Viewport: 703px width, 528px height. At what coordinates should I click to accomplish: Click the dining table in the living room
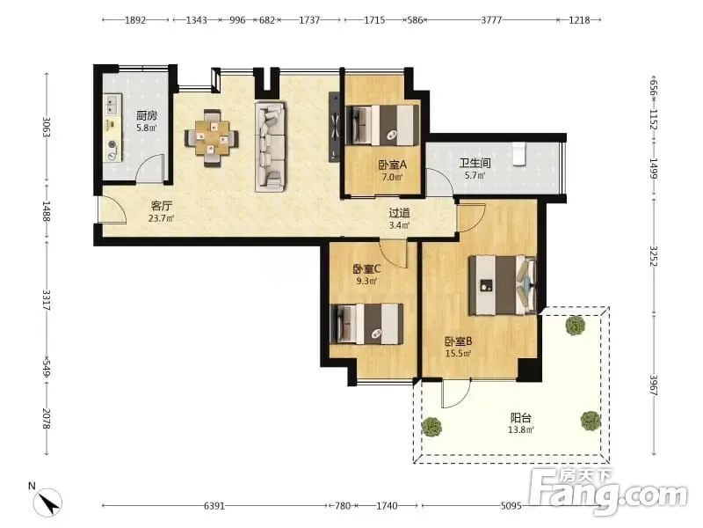click(212, 138)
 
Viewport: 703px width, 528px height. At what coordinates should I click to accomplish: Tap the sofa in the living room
click(271, 147)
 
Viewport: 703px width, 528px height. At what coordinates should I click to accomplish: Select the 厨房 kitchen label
click(147, 115)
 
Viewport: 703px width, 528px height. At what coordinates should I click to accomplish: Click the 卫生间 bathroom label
click(475, 163)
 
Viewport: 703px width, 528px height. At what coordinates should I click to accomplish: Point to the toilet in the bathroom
click(519, 155)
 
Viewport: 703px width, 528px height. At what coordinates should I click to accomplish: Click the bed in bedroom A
click(382, 125)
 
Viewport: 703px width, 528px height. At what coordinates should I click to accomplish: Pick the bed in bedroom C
click(366, 324)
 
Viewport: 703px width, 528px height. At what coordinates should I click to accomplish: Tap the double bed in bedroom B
click(503, 285)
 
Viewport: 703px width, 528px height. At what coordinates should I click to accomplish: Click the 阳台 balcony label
click(521, 418)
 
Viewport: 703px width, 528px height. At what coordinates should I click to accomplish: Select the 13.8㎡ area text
click(521, 430)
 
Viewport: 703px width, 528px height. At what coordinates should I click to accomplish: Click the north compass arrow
click(47, 502)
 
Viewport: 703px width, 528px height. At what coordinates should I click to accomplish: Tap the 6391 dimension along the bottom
click(214, 506)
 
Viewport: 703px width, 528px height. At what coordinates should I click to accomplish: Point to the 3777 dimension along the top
click(491, 19)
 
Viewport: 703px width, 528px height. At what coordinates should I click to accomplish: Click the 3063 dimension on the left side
click(47, 127)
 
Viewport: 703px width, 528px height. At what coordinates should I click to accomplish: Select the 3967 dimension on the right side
click(653, 385)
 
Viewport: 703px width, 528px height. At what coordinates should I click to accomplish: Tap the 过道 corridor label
click(399, 213)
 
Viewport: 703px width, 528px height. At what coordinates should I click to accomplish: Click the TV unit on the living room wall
click(335, 127)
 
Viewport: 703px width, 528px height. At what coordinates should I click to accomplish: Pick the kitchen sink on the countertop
click(112, 105)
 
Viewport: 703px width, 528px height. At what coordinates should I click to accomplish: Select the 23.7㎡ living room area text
click(162, 218)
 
